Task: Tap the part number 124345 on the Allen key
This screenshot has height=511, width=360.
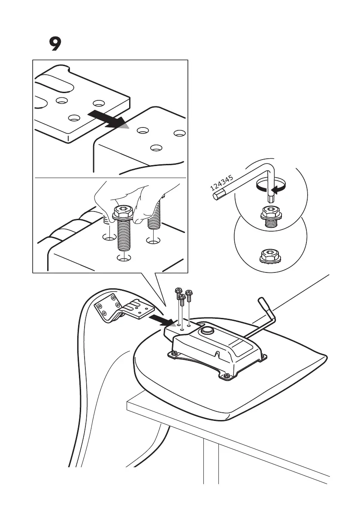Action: [222, 181]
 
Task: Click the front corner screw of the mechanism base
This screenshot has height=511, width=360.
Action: [227, 376]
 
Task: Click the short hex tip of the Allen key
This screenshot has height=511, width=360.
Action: [271, 198]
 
